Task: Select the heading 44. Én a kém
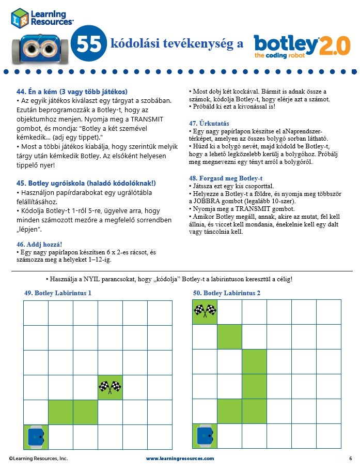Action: coord(72,92)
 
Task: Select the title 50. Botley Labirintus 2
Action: coord(227,293)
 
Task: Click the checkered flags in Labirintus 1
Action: coord(110,386)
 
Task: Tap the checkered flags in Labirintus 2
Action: coord(205,311)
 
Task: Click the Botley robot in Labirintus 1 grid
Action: coord(36,436)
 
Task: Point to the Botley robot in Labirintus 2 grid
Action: coord(205,436)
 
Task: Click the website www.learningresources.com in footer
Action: coord(180,459)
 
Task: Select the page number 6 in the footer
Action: coord(350,459)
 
